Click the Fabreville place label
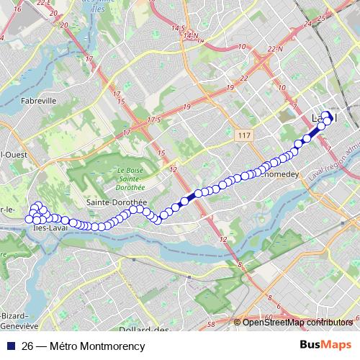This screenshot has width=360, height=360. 39,101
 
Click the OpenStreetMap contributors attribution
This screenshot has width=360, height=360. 297,323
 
